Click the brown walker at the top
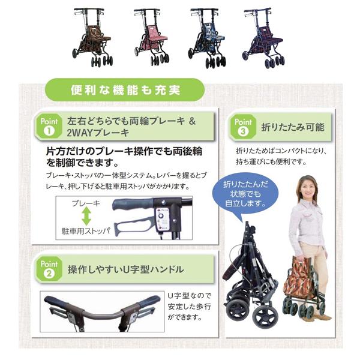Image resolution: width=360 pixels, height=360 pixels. point(92,37)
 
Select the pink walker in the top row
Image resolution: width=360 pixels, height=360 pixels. point(150,37)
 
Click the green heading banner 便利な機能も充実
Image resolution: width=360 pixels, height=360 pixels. point(125,91)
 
